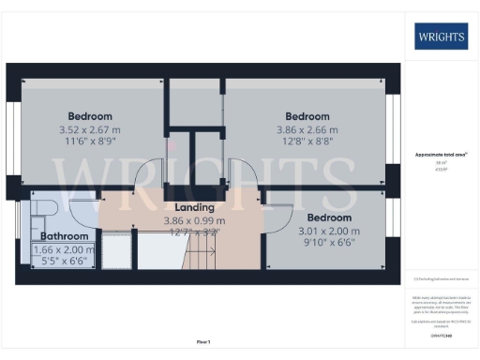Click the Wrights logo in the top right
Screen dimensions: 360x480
[x=441, y=37]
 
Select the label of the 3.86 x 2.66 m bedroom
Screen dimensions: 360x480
[x=307, y=116]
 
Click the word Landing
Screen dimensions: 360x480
[x=194, y=207]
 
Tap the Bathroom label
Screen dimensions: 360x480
[x=63, y=236]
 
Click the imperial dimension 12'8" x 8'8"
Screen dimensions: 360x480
[x=307, y=142]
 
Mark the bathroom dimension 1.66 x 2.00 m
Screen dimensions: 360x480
[x=64, y=250]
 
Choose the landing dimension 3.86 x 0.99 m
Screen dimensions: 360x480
[x=194, y=220]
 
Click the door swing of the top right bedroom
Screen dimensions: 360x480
[x=242, y=174]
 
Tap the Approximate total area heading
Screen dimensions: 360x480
[x=440, y=154]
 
